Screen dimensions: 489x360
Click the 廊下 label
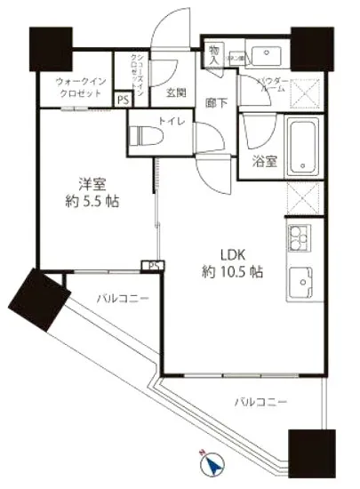click(216, 103)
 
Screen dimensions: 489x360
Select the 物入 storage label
click(214, 55)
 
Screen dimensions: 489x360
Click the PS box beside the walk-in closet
click(122, 101)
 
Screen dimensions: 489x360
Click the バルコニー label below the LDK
click(260, 403)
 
